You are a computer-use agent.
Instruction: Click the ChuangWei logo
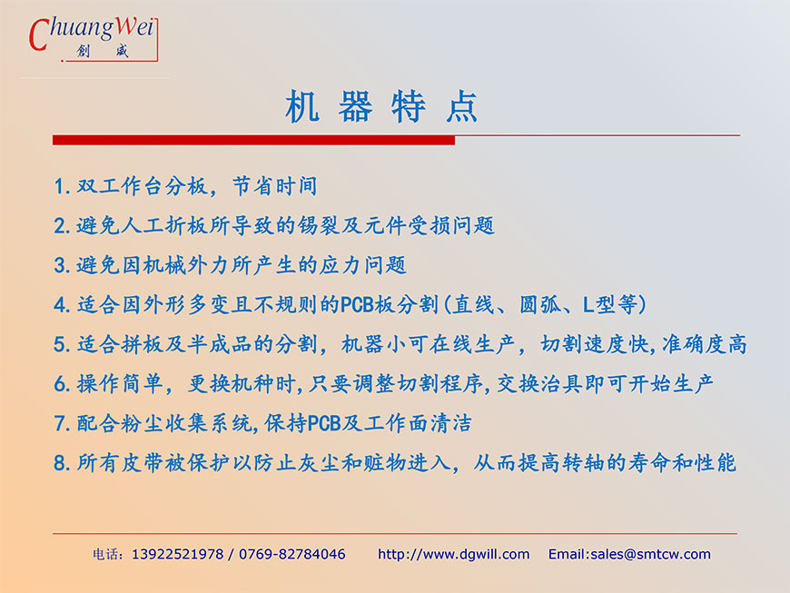click(x=94, y=39)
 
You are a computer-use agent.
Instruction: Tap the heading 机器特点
click(x=381, y=107)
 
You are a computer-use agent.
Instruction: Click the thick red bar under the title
click(x=253, y=140)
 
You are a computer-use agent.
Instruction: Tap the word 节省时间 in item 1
click(x=274, y=186)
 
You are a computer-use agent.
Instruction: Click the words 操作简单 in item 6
click(x=119, y=384)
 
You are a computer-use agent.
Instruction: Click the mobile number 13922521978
click(x=177, y=555)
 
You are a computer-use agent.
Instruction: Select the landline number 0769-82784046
click(x=292, y=555)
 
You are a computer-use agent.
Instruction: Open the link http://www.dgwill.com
click(x=453, y=555)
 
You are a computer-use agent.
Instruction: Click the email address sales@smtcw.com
click(x=650, y=555)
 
